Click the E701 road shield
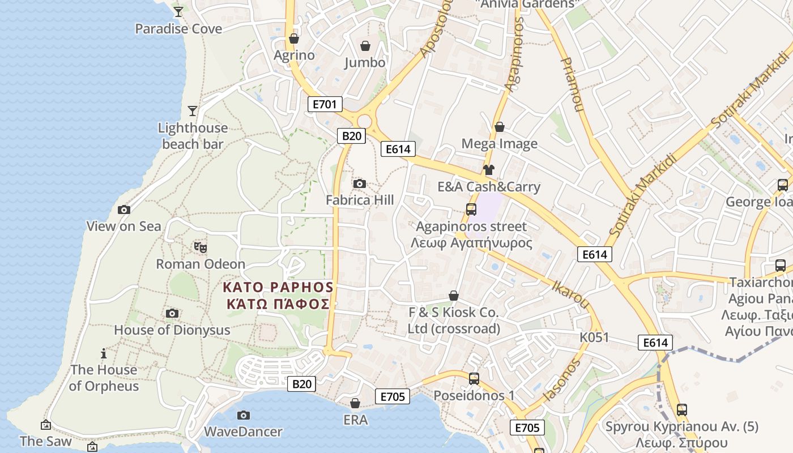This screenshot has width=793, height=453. (325, 104)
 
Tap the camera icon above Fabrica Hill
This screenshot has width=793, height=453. (359, 183)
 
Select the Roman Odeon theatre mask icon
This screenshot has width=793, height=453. (200, 247)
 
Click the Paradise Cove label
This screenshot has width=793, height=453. (178, 28)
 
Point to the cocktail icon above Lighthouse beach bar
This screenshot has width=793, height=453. (193, 110)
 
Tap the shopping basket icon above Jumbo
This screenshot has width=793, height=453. (365, 45)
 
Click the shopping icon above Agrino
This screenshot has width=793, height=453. (293, 39)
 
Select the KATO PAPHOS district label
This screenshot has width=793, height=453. (278, 295)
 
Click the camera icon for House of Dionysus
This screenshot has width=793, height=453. (172, 313)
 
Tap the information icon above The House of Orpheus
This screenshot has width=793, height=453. (104, 354)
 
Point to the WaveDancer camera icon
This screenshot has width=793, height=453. (244, 415)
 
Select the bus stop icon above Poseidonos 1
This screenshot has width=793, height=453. (474, 378)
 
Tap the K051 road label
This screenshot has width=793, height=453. (594, 337)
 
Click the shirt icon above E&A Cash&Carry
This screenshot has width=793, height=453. (488, 169)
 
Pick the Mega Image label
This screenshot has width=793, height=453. (500, 143)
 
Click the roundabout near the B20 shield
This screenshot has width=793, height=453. (364, 121)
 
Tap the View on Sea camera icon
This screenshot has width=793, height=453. (123, 210)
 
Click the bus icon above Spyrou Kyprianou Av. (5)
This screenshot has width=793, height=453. (682, 409)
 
